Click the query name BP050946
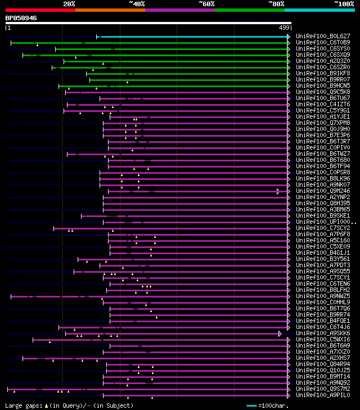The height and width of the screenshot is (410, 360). tap(21, 18)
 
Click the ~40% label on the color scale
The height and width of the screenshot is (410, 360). tap(136, 3)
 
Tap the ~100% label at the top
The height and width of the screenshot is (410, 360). tap(344, 3)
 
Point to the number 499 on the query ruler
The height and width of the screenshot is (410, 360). tap(284, 27)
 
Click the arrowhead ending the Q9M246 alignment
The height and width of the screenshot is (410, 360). tap(278, 191)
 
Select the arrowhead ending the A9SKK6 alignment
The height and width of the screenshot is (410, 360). tap(280, 334)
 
